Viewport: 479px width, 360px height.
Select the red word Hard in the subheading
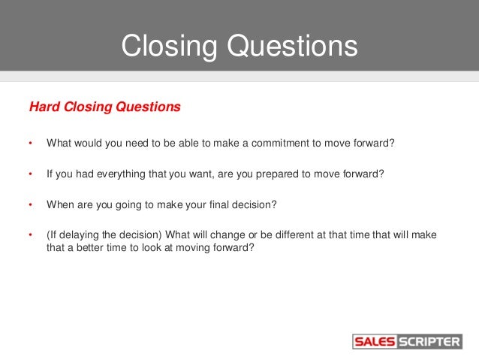click(43, 107)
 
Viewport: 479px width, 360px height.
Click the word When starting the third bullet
click(62, 204)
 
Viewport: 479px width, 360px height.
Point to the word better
click(89, 249)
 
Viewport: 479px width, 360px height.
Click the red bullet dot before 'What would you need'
click(31, 144)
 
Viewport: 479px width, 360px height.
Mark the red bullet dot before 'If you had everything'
click(31, 174)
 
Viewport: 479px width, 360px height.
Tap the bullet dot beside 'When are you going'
click(31, 204)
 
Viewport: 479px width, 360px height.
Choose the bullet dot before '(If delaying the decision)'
click(31, 235)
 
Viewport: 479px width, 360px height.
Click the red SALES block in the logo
click(374, 342)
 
